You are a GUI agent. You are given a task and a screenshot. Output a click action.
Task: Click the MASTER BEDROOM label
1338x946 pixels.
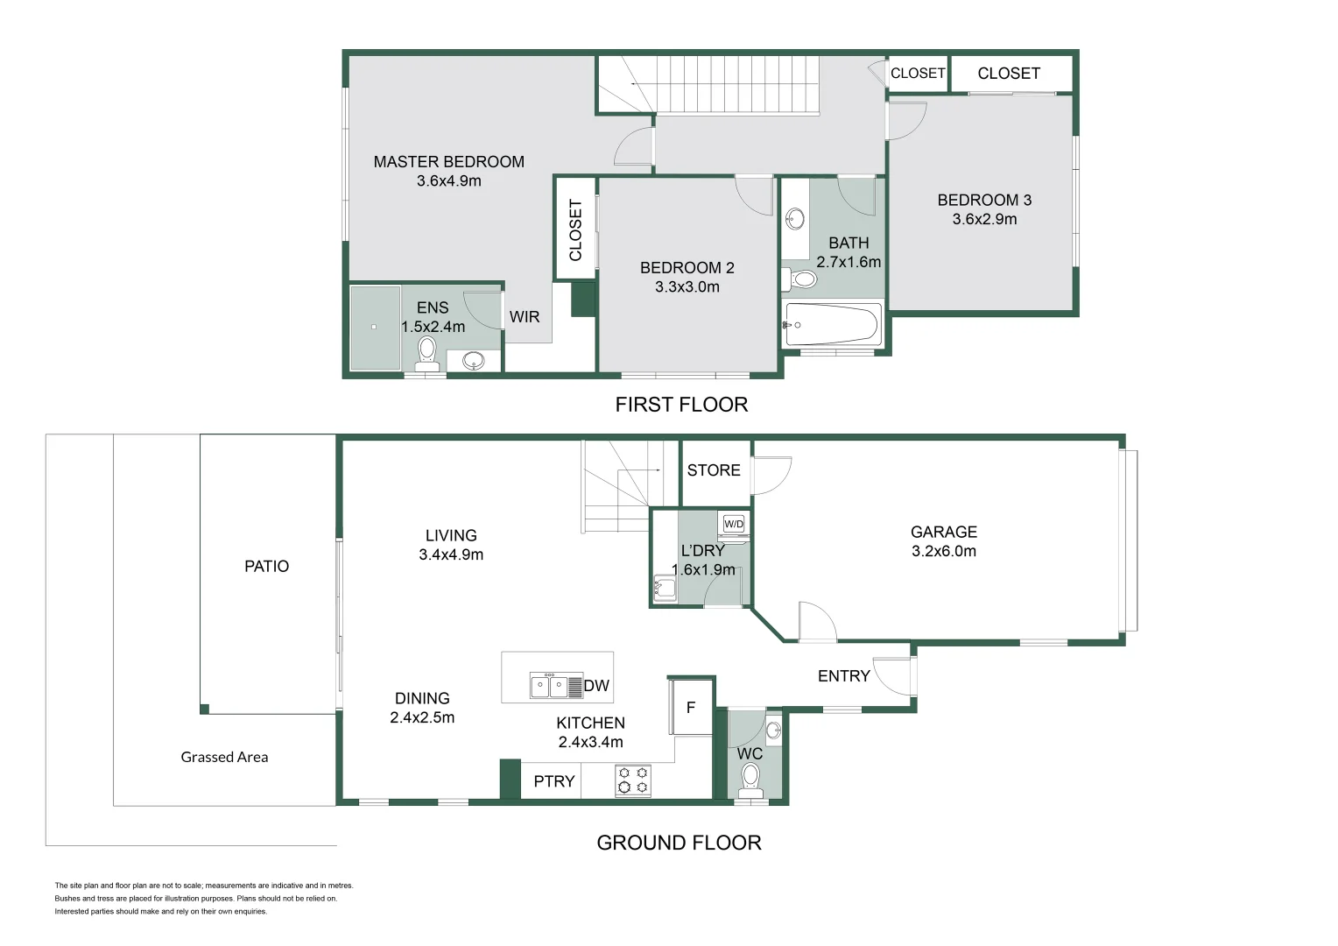448,162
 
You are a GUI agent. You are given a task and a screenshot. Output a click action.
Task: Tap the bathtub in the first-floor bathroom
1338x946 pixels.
831,325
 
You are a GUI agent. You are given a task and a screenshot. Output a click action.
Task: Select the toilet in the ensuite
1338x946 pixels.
426,351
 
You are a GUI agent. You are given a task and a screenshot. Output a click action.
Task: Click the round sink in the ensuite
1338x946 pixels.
474,360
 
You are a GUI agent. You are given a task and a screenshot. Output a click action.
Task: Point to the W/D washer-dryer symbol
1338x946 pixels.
733,524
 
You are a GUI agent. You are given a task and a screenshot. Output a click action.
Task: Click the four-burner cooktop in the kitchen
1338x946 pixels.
633,780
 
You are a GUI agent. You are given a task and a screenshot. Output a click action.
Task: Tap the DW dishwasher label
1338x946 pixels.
596,686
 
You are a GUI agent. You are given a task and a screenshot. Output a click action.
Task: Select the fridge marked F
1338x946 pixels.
691,707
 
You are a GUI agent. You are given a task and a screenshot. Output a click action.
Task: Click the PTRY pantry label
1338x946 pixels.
554,781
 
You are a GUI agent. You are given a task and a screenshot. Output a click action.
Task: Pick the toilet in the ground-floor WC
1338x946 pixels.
750,777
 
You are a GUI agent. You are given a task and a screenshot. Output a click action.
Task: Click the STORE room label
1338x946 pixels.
714,470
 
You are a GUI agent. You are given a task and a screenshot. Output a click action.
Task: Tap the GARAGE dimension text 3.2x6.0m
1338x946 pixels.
943,551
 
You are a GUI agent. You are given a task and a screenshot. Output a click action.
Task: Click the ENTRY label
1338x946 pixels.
843,676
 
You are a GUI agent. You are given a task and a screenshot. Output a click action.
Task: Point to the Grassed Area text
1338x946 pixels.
224,757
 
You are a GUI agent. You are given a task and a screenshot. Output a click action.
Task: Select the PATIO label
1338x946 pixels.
266,567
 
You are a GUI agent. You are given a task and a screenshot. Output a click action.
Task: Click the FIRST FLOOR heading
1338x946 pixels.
681,405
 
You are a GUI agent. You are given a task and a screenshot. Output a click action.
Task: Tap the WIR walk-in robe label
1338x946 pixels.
525,317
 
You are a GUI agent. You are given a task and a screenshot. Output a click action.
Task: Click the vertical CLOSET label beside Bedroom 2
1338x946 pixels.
575,229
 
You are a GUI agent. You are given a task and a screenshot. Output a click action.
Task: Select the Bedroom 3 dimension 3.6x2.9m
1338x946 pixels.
984,219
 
